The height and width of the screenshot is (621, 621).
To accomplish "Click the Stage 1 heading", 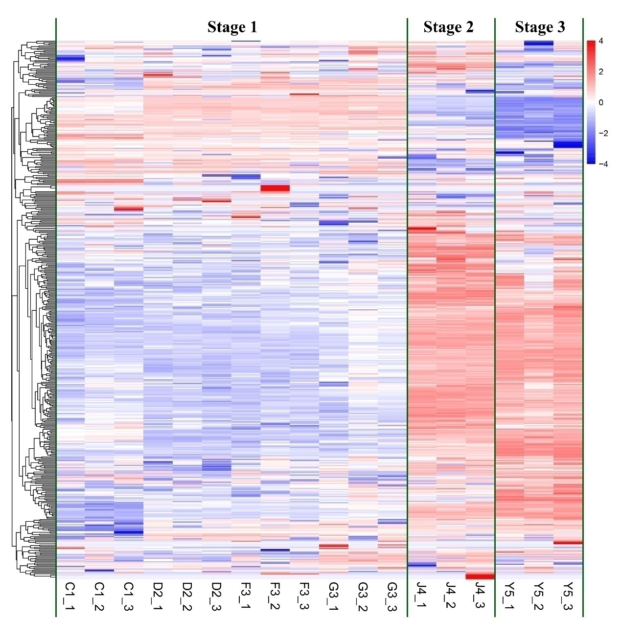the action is pyautogui.click(x=232, y=27).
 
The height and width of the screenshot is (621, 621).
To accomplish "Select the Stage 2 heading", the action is pyautogui.click(x=448, y=27).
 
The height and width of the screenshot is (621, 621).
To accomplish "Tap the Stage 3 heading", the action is pyautogui.click(x=540, y=27).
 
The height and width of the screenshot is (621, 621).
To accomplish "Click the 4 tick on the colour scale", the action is pyautogui.click(x=601, y=41).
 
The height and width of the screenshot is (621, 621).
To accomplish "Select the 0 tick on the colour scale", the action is pyautogui.click(x=601, y=102).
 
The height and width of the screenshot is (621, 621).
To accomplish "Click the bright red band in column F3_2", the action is pyautogui.click(x=275, y=188).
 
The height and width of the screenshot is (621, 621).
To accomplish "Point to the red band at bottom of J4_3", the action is pyautogui.click(x=480, y=576).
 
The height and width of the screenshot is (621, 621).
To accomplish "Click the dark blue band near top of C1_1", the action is pyautogui.click(x=70, y=58).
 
